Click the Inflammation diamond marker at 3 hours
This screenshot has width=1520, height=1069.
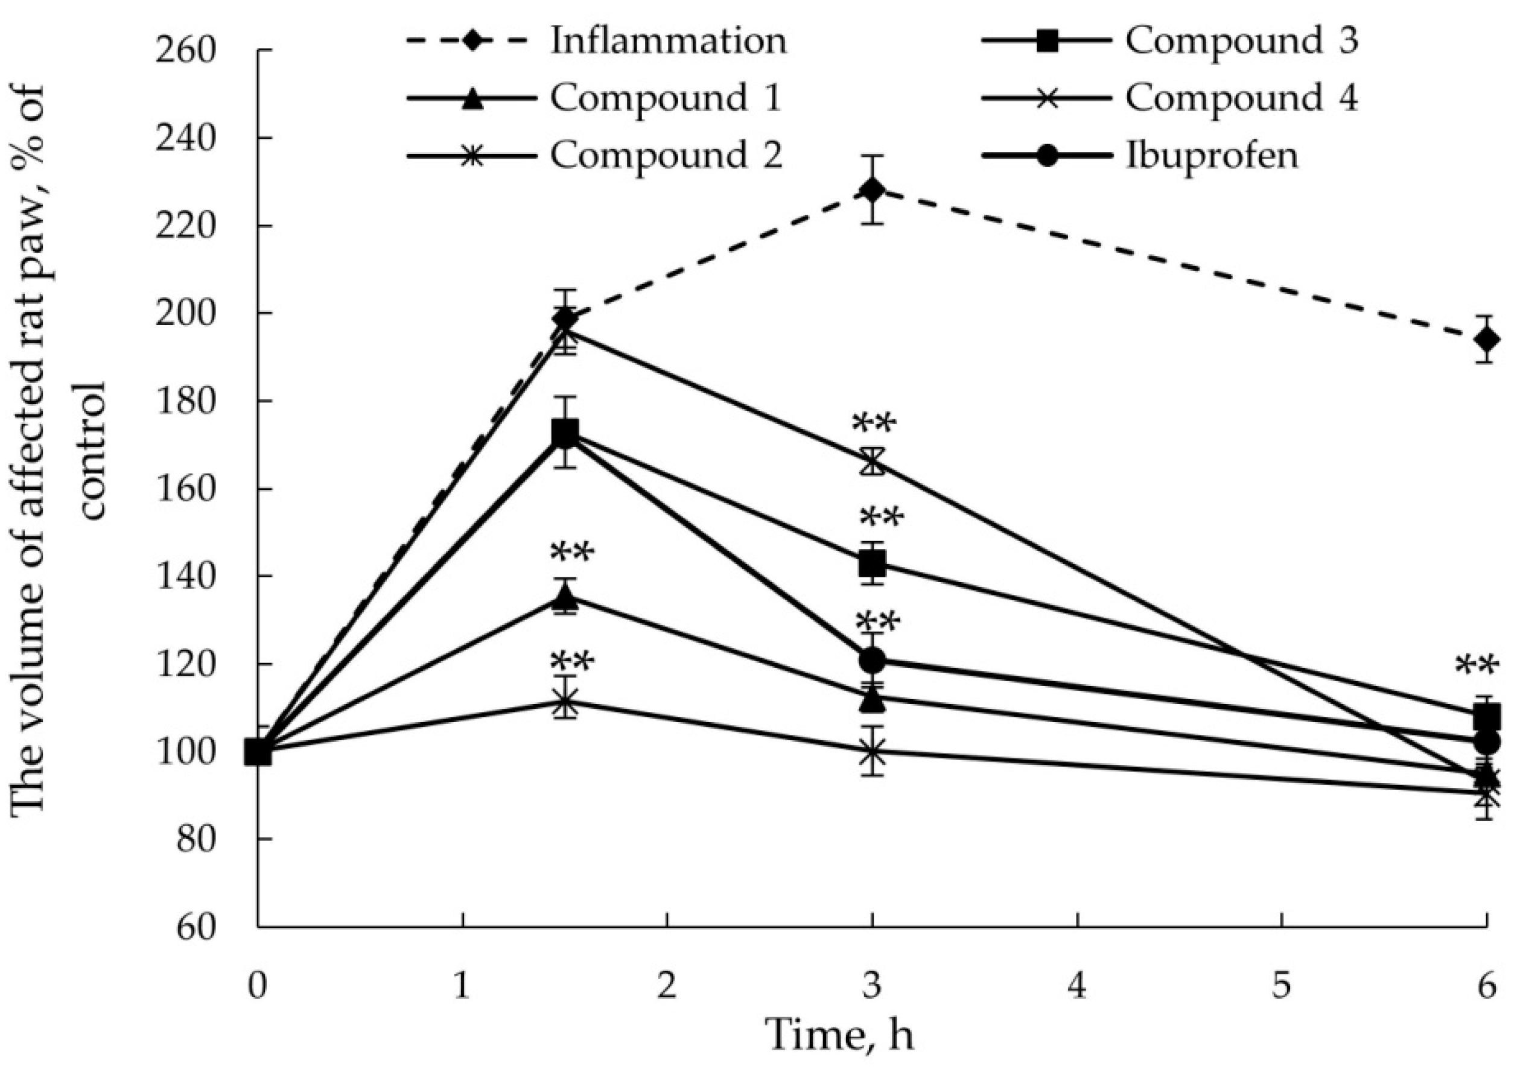(x=873, y=191)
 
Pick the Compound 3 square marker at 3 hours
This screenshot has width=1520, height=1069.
(x=873, y=564)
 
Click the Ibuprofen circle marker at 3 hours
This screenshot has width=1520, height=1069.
(x=873, y=659)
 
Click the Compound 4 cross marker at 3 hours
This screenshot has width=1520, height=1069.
(x=873, y=462)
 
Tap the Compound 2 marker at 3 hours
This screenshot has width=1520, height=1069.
(x=873, y=751)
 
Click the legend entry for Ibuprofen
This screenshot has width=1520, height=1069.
(x=1212, y=156)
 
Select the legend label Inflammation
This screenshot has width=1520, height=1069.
(x=669, y=41)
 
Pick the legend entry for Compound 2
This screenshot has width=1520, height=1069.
(x=666, y=156)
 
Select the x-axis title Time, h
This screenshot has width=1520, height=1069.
(x=839, y=1035)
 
